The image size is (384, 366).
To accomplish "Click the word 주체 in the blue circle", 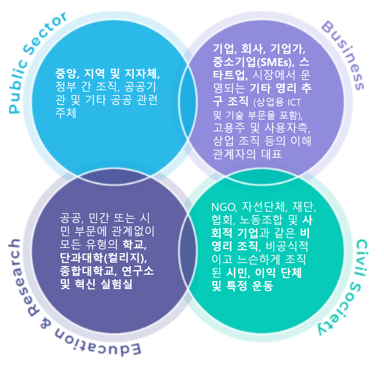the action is point(66,114).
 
